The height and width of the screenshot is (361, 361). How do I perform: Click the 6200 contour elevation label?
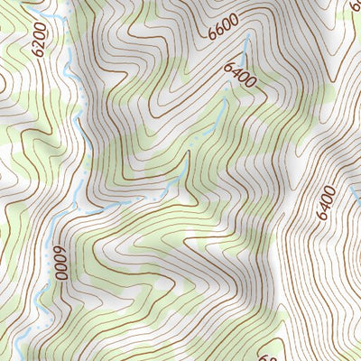click(x=38, y=37)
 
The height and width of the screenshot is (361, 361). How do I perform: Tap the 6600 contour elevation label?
click(x=224, y=26)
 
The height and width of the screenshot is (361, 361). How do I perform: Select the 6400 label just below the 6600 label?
click(x=238, y=74)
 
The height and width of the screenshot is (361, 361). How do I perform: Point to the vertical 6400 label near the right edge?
click(x=326, y=203)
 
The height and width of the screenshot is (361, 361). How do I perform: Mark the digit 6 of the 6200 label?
click(x=38, y=51)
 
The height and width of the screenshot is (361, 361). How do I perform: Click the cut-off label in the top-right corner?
click(x=355, y=7)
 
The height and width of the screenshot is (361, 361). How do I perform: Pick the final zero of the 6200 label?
click(x=38, y=25)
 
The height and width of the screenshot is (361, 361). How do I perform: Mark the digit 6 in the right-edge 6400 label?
click(x=326, y=217)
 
